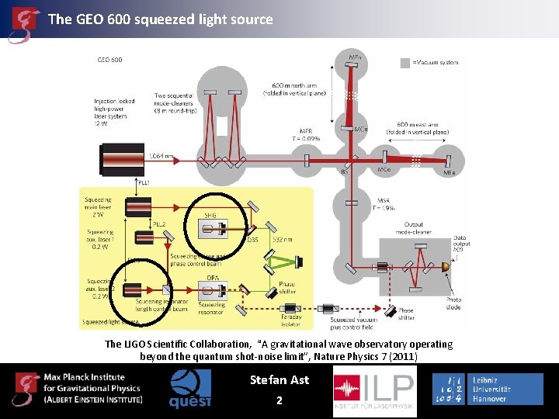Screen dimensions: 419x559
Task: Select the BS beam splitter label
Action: [x=345, y=171]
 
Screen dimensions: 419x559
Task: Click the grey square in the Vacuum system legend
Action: [x=405, y=62]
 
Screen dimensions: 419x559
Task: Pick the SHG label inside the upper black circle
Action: [x=210, y=215]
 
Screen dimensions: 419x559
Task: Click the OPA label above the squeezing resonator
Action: [x=212, y=278]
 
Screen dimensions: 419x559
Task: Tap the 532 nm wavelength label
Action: [x=283, y=240]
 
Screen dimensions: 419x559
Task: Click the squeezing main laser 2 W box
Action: [x=137, y=207]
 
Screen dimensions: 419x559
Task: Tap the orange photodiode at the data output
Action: [x=445, y=267]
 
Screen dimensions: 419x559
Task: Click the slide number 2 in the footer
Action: [x=279, y=400]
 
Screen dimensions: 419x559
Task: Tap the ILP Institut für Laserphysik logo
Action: [x=374, y=391]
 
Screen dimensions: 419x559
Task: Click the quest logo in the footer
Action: [x=190, y=389]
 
